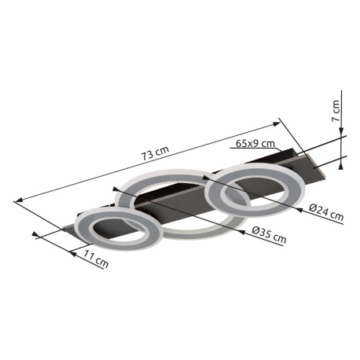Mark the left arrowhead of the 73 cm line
[18, 200]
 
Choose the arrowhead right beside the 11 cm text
[75, 250]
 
